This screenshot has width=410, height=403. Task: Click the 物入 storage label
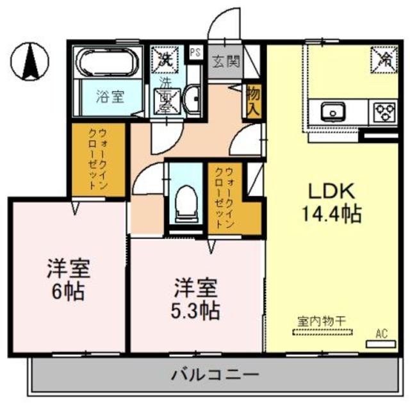[252, 101]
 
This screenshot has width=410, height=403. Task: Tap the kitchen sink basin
[334, 111]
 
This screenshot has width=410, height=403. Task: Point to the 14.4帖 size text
[331, 213]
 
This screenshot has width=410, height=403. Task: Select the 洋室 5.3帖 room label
[196, 299]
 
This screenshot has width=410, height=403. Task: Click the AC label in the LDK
[382, 333]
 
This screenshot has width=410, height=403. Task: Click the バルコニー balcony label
[215, 375]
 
